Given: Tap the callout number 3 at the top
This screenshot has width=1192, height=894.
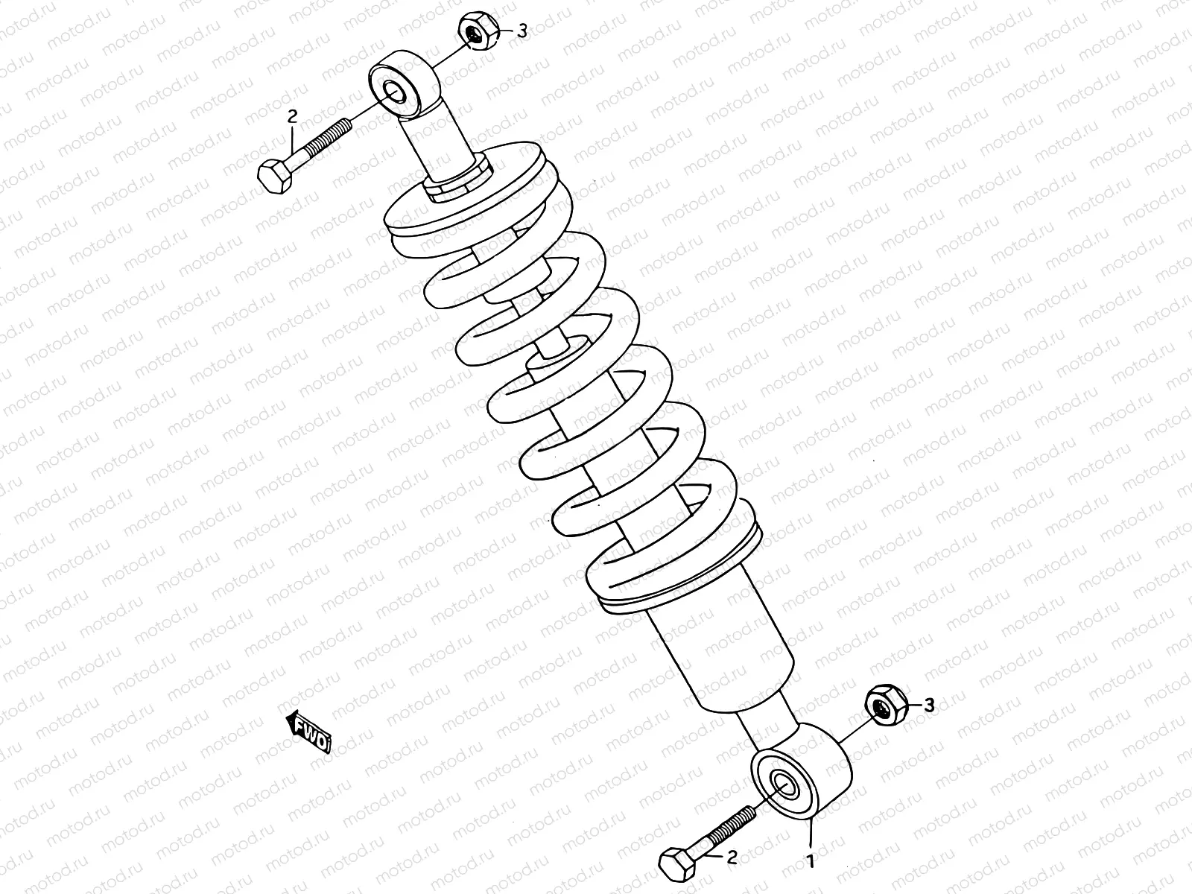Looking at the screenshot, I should coord(522,31).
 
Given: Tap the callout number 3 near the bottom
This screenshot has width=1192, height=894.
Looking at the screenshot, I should coord(928,705).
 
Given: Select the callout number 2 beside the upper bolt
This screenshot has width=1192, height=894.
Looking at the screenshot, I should coord(292,115).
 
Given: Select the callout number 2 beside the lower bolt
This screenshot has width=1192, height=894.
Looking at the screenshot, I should coord(732,858).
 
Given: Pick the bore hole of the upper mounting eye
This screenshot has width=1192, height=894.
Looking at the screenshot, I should coord(393,90).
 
